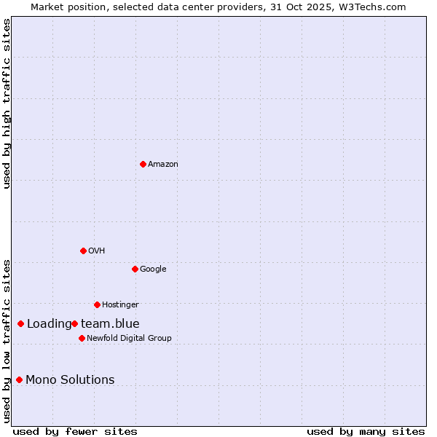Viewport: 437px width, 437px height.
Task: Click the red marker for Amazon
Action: point(143,164)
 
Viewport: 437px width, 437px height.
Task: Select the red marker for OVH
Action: point(83,251)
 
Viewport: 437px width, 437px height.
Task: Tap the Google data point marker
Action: point(135,269)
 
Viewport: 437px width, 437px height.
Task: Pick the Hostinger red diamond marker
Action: point(97,304)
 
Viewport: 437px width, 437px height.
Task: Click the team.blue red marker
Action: point(74,323)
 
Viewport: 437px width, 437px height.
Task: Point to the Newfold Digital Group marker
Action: point(82,338)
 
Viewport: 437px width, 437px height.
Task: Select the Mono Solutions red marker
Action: point(19,379)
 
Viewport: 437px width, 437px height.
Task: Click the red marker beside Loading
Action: point(20,323)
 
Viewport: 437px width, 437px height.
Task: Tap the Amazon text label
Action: point(163,164)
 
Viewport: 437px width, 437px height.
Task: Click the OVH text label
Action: point(97,251)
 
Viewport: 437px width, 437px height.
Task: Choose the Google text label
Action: point(153,269)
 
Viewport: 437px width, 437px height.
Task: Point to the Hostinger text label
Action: point(120,304)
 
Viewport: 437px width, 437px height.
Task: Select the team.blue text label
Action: point(110,323)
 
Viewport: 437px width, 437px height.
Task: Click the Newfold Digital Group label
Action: point(129,338)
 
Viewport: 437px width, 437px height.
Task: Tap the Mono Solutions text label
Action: point(70,379)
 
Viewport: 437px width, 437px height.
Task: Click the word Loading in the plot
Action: point(49,323)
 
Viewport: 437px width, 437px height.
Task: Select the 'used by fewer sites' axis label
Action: point(75,431)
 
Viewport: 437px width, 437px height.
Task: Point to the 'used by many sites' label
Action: point(366,431)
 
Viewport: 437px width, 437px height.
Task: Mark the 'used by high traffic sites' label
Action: point(7,103)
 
